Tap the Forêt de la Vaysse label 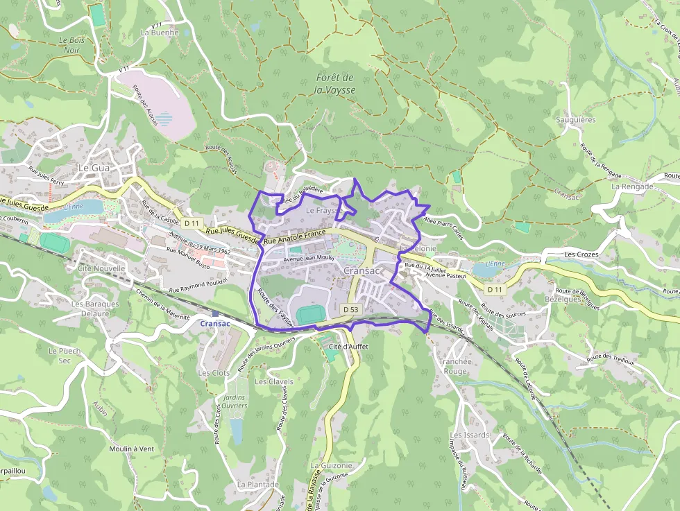tap(334, 84)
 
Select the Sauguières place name tap(576, 120)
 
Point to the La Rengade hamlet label tap(632, 187)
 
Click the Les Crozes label tap(581, 254)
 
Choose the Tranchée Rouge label tap(455, 366)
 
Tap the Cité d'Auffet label tap(348, 346)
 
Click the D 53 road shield tap(350, 309)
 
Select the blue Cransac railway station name tap(215, 324)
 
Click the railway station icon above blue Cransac tap(216, 313)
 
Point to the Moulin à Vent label tap(131, 449)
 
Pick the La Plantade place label tap(257, 484)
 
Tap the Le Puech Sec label tap(65, 356)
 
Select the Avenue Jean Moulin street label tap(309, 258)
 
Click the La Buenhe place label tap(160, 33)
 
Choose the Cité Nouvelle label tap(101, 268)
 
